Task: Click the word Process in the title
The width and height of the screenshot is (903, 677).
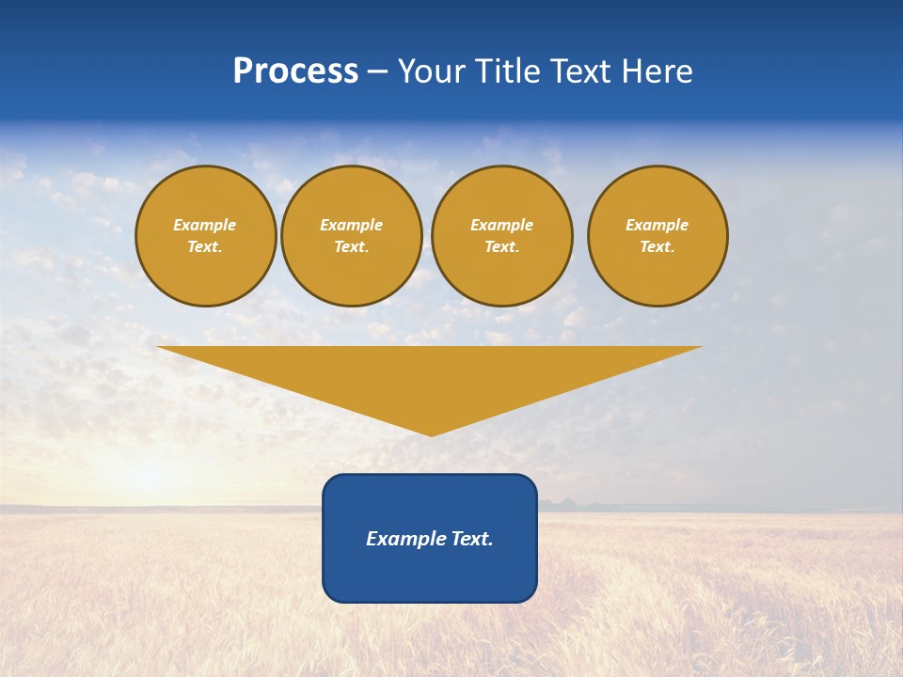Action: point(295,71)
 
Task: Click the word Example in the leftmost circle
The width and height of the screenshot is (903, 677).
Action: point(205,225)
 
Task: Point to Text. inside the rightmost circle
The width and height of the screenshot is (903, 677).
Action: point(657,247)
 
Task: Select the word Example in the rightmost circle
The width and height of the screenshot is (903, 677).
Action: point(657,225)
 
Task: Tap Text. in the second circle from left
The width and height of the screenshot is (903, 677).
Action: point(351,247)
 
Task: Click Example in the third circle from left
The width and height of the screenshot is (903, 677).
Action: point(501,225)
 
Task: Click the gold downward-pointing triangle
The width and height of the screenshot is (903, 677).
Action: point(430,376)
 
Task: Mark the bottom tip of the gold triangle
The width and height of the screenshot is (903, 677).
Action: point(431,433)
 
